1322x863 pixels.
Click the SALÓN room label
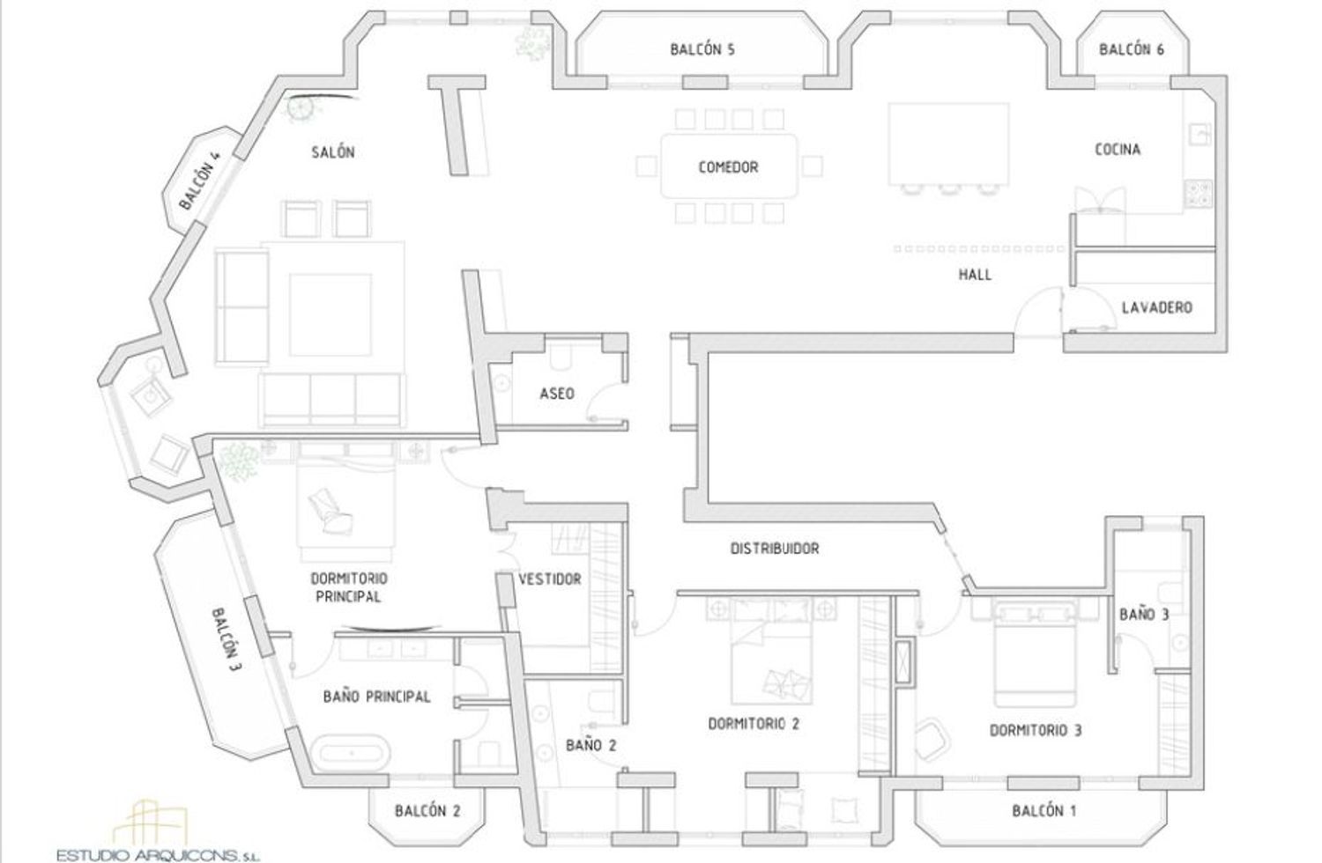coord(333,152)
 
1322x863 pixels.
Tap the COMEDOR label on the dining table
coord(728,167)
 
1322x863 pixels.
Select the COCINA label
coord(1118,149)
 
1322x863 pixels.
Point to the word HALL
coord(975,274)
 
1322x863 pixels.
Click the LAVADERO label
coord(1156,307)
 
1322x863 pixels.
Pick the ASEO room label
coord(556,394)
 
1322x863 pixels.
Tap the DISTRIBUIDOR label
coord(775,549)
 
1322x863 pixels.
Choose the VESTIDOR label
coord(549,579)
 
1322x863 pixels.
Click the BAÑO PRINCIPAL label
coord(376,697)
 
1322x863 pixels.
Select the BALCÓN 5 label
coord(702,49)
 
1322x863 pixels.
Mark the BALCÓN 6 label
coord(1132,49)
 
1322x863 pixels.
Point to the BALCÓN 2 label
coord(427,811)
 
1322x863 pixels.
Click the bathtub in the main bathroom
coord(351,753)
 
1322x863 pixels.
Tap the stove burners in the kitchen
coord(1199,194)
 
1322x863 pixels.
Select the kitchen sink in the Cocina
coord(1199,134)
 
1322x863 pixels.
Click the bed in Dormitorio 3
coord(1036,654)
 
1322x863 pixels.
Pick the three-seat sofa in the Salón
coord(332,399)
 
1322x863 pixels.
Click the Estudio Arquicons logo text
coord(158,855)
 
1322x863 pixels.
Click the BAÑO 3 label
coord(1144,615)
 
